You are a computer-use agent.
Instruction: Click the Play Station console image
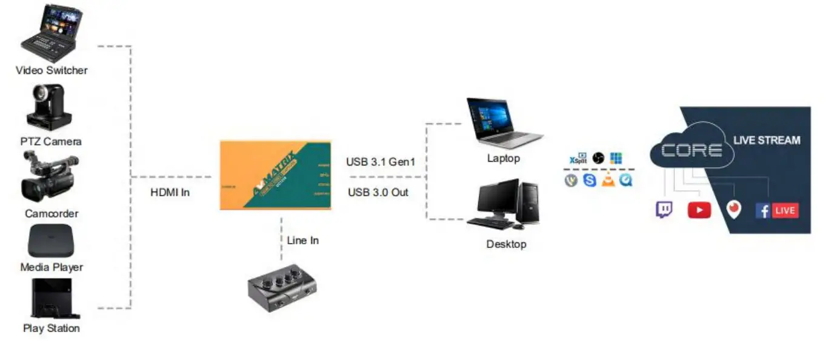click(x=52, y=299)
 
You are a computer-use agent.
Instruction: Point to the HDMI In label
click(x=170, y=193)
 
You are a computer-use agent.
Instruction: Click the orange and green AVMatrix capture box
click(x=276, y=175)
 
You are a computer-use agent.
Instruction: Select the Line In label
click(x=303, y=240)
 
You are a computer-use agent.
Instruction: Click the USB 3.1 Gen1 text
click(x=381, y=162)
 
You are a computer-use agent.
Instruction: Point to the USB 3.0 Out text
click(x=378, y=192)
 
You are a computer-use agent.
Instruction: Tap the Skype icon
click(x=590, y=179)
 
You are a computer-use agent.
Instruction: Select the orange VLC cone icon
click(x=608, y=179)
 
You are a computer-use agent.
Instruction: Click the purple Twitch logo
click(x=664, y=210)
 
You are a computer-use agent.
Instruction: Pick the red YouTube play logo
click(x=699, y=210)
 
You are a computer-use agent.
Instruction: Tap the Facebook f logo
click(x=762, y=211)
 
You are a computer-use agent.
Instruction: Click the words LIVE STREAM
click(x=767, y=140)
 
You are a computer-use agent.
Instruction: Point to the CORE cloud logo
click(x=691, y=150)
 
